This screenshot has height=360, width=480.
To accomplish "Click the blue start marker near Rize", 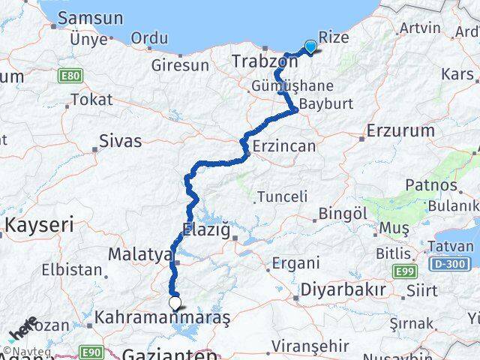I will [x=310, y=46].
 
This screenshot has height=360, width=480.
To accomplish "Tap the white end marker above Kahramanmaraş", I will [x=175, y=303].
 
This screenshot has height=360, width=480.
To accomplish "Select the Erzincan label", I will [x=284, y=146].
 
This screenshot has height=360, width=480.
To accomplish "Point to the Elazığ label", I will [x=205, y=229].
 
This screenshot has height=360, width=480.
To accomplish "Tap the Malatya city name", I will [x=140, y=254].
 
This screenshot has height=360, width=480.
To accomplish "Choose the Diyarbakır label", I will [x=343, y=289].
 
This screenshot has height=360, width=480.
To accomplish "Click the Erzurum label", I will [x=400, y=130].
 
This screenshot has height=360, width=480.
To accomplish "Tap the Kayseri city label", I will [x=40, y=223].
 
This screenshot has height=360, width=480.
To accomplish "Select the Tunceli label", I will [x=282, y=196].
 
